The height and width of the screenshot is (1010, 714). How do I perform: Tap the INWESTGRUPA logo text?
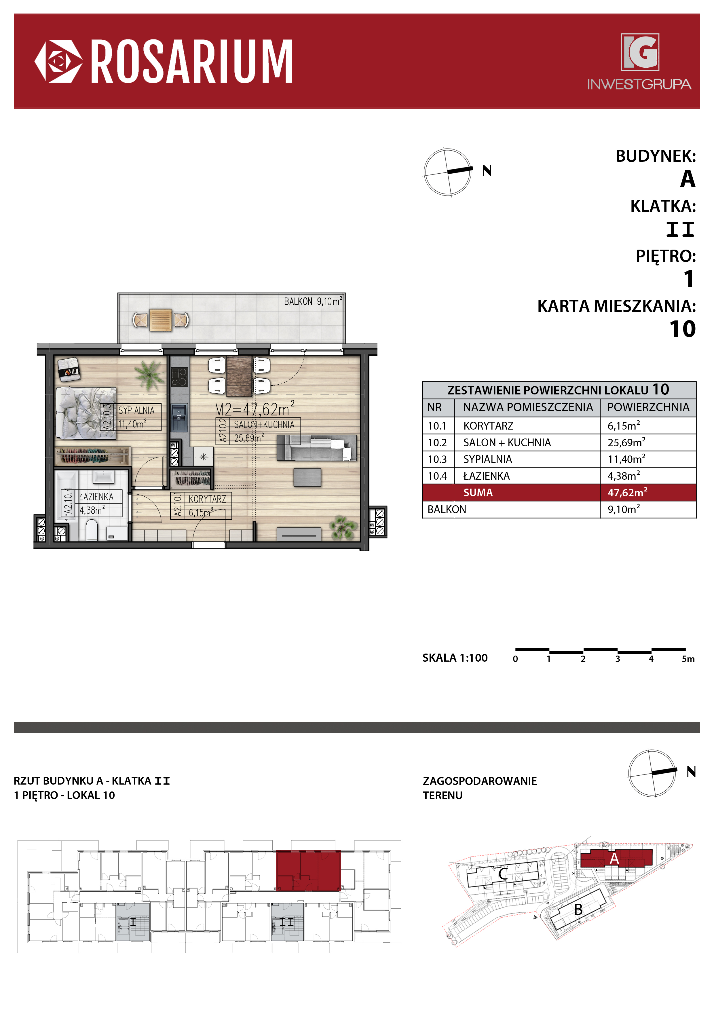tap(639, 84)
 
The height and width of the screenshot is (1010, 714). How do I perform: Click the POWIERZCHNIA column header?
tap(648, 407)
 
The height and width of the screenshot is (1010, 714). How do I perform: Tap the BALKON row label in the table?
tap(447, 509)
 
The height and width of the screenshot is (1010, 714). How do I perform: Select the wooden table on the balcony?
tap(161, 320)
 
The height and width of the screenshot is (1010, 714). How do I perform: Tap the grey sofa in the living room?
tap(316, 448)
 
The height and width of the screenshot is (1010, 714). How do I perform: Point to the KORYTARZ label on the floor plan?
tap(207, 499)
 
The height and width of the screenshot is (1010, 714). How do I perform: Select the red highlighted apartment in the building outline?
tap(308, 871)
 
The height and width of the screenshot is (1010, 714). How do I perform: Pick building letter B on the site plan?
tap(578, 909)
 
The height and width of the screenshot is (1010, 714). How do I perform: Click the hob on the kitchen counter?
tap(179, 377)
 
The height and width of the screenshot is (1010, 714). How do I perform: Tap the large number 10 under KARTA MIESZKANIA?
tap(682, 329)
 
